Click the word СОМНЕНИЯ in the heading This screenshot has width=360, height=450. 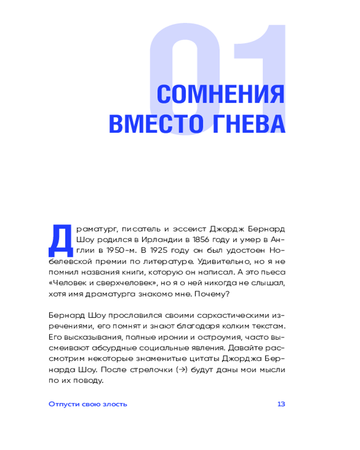pyautogui.click(x=220, y=95)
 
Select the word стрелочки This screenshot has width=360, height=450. pyautogui.click(x=156, y=370)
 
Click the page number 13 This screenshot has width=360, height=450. pyautogui.click(x=281, y=404)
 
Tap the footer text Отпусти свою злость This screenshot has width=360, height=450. pyautogui.click(x=88, y=404)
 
